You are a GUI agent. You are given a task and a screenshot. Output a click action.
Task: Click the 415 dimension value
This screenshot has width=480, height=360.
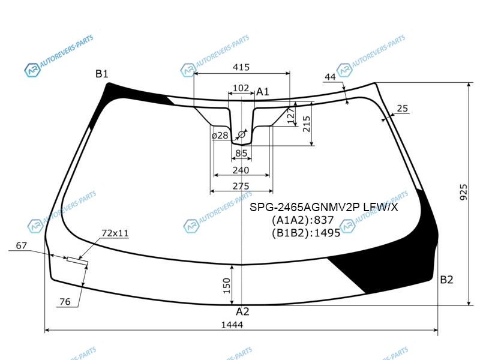(241, 67)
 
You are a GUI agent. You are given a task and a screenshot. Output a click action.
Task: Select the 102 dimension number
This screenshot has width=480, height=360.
(241, 88)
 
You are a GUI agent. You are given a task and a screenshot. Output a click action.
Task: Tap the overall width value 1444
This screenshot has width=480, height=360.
(232, 325)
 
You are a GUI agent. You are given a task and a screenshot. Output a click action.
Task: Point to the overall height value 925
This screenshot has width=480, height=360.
(464, 192)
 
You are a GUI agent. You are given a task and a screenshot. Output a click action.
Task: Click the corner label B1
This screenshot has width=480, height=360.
(101, 74)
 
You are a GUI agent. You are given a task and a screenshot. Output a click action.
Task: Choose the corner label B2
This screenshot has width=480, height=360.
(446, 280)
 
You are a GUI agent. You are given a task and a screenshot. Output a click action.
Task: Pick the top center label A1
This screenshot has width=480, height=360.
(262, 92)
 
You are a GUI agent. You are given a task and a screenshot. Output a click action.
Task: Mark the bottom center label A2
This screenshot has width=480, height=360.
(242, 311)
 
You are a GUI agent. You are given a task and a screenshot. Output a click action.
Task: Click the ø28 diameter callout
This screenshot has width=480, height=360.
(220, 136)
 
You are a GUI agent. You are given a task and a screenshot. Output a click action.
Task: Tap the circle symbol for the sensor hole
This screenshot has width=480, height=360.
(242, 134)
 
